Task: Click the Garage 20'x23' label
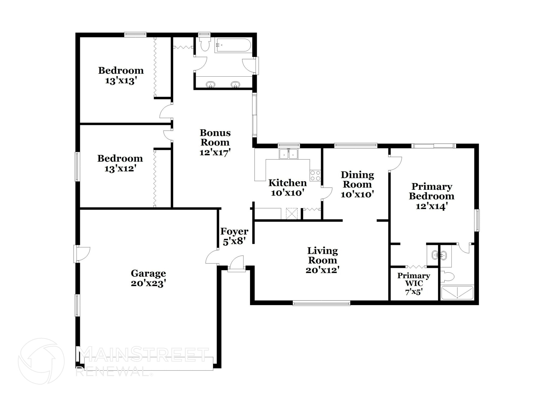(148, 278)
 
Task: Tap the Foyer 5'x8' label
(234, 236)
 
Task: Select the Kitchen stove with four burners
(315, 175)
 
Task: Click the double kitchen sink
(289, 154)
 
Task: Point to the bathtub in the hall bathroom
(233, 45)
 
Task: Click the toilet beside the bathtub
(205, 43)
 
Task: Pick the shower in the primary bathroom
(457, 293)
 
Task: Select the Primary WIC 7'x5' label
(413, 283)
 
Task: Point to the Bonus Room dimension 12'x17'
(215, 153)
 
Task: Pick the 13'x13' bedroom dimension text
(120, 81)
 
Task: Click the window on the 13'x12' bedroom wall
(77, 166)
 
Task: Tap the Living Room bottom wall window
(321, 303)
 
